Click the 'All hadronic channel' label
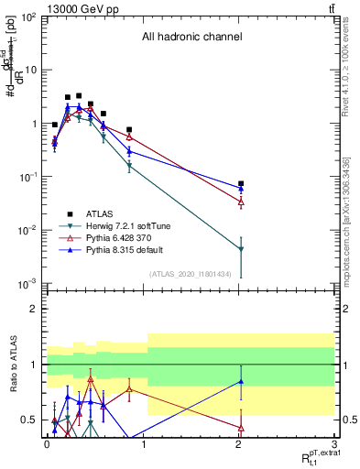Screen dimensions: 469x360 point(191,38)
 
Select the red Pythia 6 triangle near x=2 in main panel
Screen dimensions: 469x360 point(241,201)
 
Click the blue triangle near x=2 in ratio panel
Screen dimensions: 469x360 point(241,381)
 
